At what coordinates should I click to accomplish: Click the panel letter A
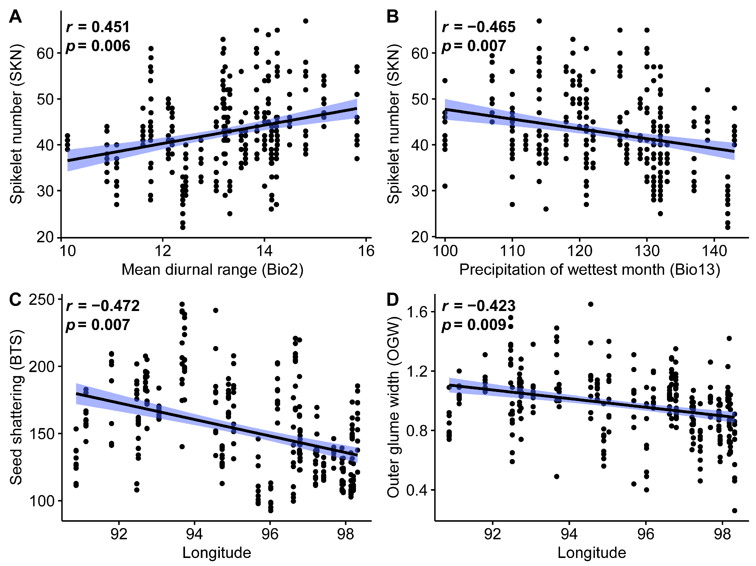coord(15,16)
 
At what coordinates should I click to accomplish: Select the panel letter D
coord(393,300)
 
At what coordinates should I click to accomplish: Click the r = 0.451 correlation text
coord(98,27)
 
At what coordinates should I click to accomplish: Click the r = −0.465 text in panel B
coord(479,27)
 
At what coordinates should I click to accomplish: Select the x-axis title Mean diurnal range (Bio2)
coord(212,270)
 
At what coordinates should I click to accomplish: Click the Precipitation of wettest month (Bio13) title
coord(590,270)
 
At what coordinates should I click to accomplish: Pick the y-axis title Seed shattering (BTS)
coord(16,407)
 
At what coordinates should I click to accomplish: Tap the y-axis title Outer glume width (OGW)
coord(393,407)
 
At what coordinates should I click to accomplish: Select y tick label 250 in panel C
coord(42,300)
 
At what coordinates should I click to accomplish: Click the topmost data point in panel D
coord(591,304)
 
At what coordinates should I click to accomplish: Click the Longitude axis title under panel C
coord(217,553)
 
